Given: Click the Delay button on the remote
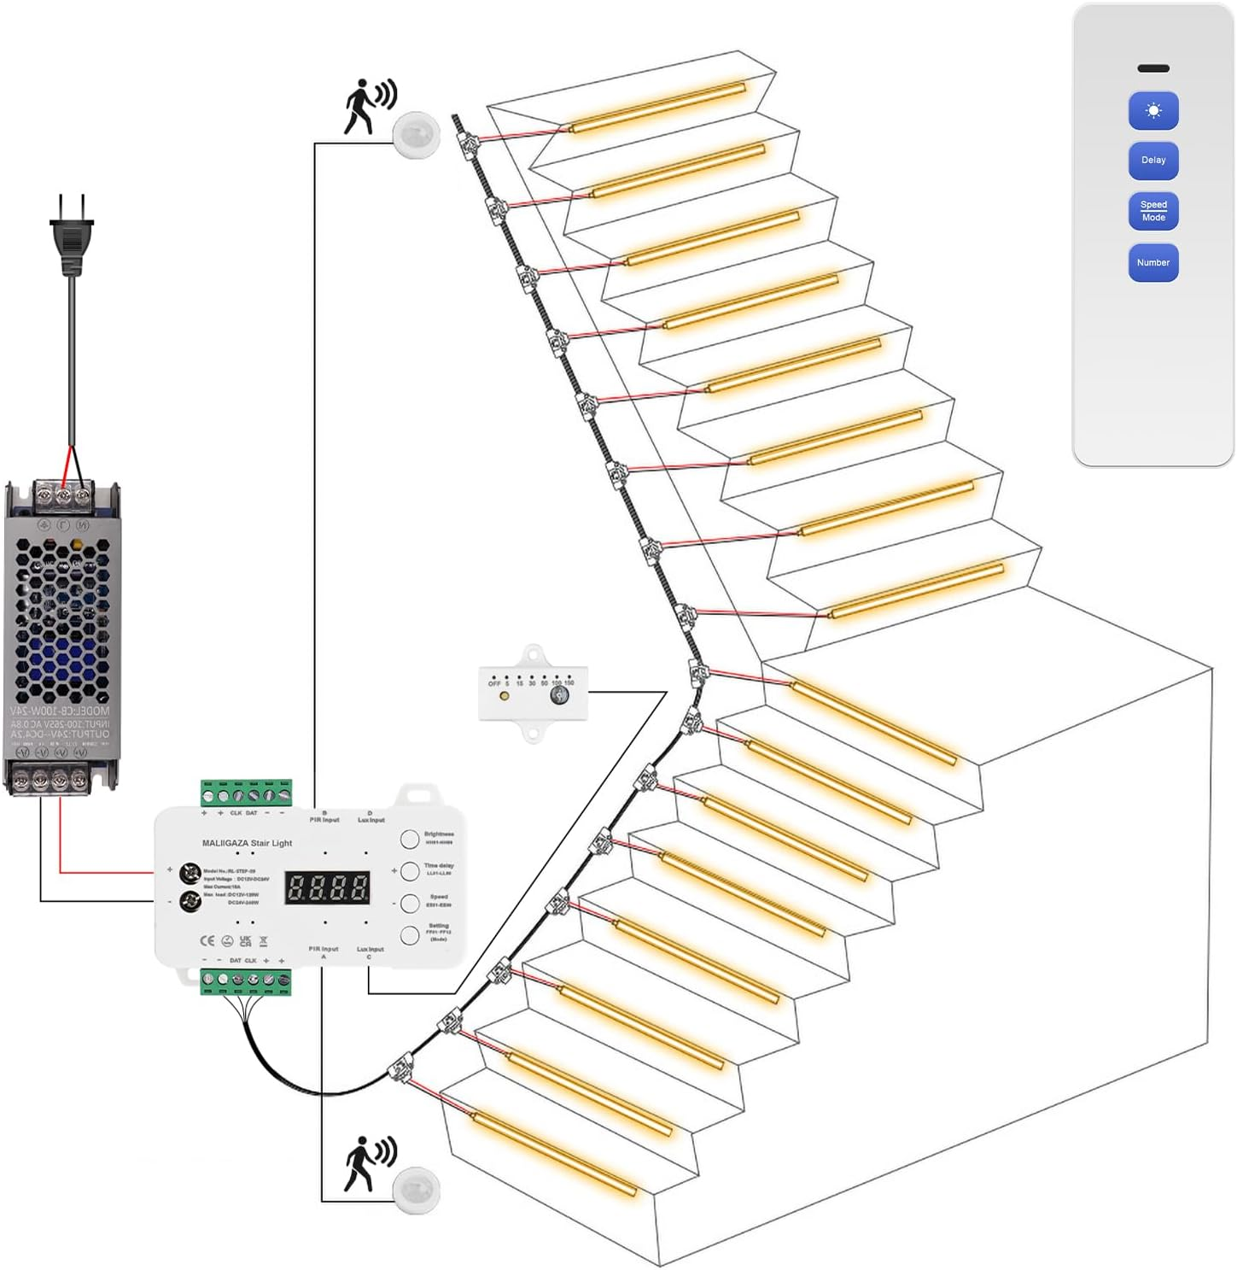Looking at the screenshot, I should [x=1152, y=161].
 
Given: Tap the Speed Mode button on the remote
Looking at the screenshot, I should [x=1152, y=211].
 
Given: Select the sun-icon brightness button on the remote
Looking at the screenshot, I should [x=1152, y=111].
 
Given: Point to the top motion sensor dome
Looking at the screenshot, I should [x=417, y=135].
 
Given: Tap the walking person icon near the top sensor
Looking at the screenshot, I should [x=370, y=106].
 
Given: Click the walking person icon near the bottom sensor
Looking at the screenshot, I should [x=370, y=1162].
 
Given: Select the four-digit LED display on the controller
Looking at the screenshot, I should [x=328, y=887].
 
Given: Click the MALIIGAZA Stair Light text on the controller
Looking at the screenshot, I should [x=247, y=843].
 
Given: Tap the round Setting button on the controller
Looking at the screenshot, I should [x=410, y=934].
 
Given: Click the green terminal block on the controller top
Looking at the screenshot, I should [x=247, y=793].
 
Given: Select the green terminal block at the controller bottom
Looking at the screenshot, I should [x=246, y=981].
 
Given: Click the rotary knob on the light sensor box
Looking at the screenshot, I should [x=559, y=696].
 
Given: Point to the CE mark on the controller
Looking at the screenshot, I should [x=207, y=940].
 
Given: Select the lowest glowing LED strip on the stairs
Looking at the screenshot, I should [x=555, y=1154].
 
